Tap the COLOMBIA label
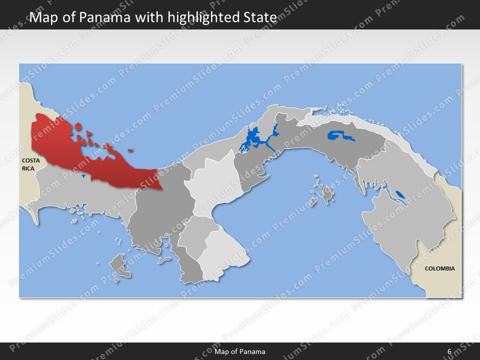point(439,268)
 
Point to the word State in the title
point(260,18)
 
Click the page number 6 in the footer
point(449,351)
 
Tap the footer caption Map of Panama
point(240,351)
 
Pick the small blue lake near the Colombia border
point(400,194)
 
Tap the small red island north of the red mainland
point(78,127)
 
